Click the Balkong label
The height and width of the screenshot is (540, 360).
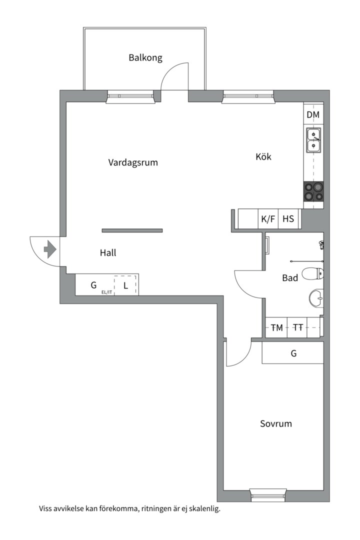[x=145, y=57]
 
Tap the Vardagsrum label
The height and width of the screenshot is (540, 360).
[x=133, y=162]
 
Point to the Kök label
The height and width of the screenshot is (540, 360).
[x=263, y=156]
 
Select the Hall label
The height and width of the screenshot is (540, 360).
[x=108, y=253]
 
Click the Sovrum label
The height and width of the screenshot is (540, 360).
[x=276, y=423]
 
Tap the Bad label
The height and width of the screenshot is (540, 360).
[x=290, y=278]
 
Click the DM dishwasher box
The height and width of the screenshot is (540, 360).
[x=313, y=114]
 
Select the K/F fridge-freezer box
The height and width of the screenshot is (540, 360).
[x=268, y=219]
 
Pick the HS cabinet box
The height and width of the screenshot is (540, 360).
[x=288, y=219]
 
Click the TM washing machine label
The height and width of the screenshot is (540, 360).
[x=276, y=327]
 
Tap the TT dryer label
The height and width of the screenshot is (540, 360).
[x=298, y=327]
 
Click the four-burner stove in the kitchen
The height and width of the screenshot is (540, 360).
[x=313, y=192]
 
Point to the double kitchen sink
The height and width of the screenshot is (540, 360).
[x=314, y=140]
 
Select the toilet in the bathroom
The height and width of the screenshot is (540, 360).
[x=313, y=274]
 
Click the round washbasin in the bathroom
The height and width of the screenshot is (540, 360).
[x=316, y=298]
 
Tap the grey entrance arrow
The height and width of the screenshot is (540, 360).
[x=50, y=249]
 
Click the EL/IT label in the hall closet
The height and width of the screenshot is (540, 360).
[x=106, y=292]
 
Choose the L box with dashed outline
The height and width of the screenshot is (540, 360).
[x=125, y=285]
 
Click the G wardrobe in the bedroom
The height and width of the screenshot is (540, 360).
[x=293, y=353]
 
